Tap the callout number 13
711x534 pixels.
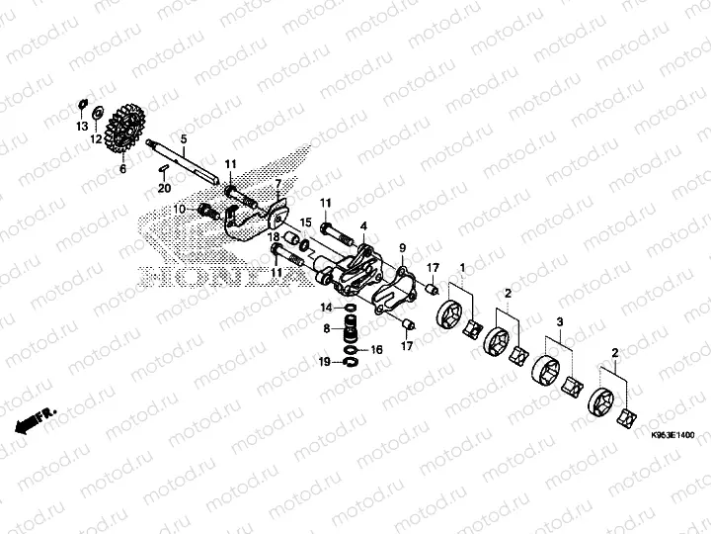(x=82, y=128)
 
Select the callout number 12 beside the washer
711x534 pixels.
(x=97, y=140)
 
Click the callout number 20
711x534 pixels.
(x=165, y=188)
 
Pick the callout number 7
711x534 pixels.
(x=278, y=184)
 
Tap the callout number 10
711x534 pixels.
(x=180, y=209)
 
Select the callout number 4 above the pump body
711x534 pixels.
(x=363, y=226)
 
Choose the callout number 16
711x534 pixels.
(x=375, y=350)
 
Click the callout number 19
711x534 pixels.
(x=324, y=363)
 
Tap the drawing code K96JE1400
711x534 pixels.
(x=671, y=435)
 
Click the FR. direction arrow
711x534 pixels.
(x=35, y=419)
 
